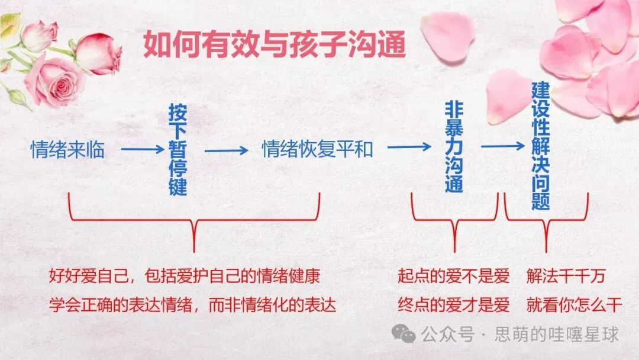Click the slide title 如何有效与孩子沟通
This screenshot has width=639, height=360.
275,44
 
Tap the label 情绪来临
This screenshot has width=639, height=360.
67,150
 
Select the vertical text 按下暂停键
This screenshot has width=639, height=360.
177,150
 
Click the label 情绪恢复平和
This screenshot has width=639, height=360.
318,150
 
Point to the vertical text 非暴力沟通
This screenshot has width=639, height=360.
454,147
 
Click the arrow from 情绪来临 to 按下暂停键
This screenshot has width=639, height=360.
142,150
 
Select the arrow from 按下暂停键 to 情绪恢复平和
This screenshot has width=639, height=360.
227,150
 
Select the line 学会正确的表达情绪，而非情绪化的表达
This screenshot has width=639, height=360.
192,305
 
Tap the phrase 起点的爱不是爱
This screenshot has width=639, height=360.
453,276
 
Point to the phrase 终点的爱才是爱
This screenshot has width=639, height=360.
453,305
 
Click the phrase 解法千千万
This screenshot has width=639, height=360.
566,276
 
